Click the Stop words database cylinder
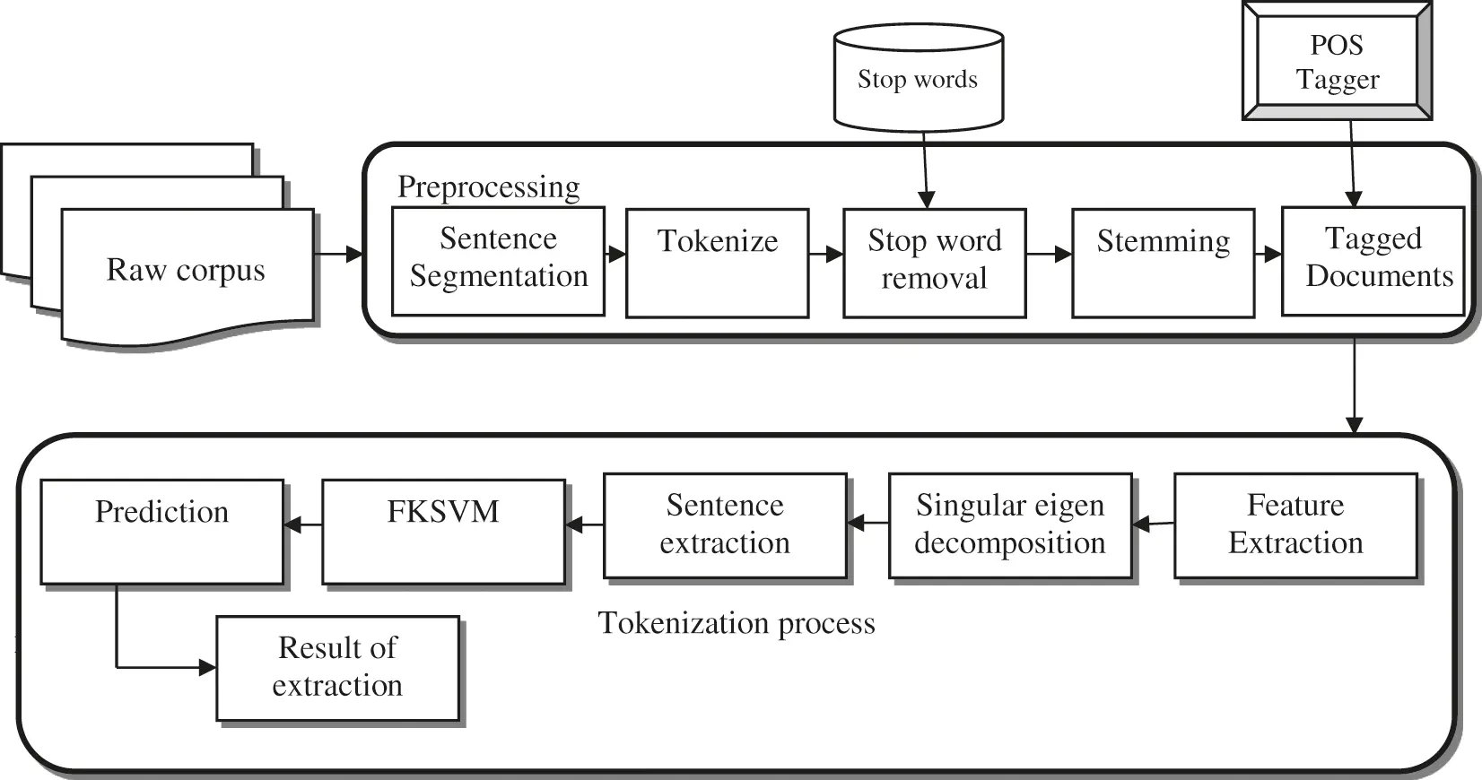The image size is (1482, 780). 918,79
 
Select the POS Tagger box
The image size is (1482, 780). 1337,62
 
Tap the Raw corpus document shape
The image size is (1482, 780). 187,271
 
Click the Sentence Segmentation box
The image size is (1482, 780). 498,261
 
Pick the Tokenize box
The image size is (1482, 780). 717,263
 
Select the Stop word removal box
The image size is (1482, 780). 934,263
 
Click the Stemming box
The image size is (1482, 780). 1163,263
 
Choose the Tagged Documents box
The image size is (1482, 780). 1373,261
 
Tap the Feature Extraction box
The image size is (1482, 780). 1295,525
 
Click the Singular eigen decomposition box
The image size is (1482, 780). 1010,525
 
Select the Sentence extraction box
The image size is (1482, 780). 725,525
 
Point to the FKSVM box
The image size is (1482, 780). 443,532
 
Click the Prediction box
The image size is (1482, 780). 162,532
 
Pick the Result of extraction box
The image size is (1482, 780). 337,667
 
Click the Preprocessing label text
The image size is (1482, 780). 488,186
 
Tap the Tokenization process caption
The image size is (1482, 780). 737,623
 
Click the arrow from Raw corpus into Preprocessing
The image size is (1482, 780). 338,255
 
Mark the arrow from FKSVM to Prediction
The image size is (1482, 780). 303,524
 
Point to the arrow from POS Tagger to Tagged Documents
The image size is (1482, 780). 1352,161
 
